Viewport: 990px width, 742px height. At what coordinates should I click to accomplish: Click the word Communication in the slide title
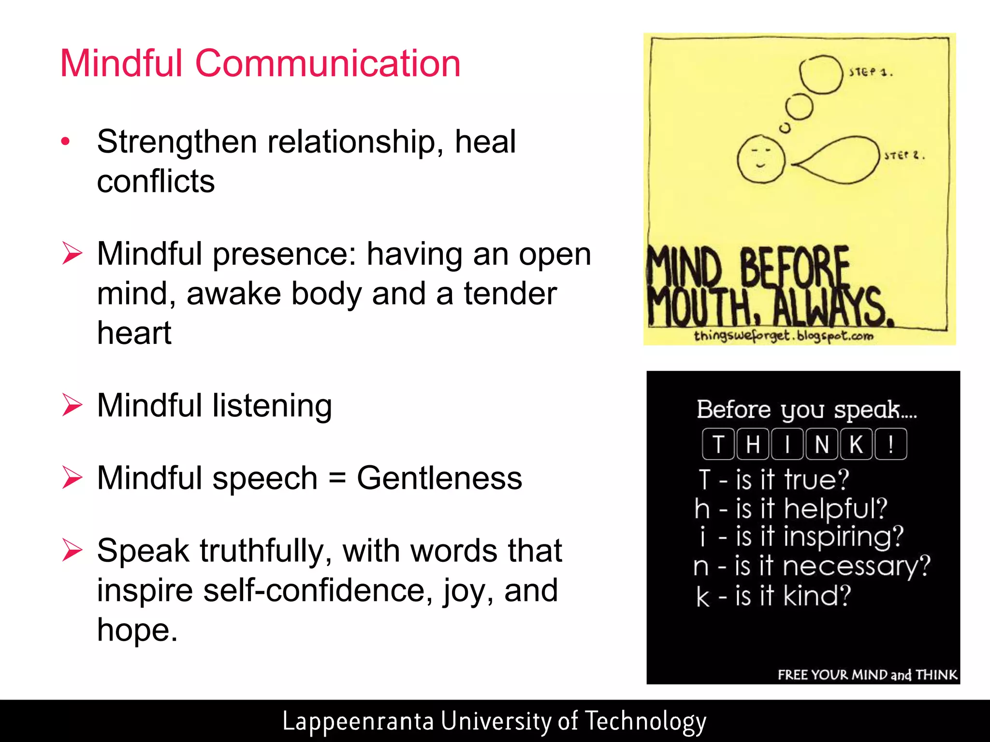coord(328,63)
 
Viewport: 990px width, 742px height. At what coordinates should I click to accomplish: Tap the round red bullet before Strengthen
coord(66,142)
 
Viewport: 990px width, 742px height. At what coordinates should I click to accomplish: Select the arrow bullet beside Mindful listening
coord(73,405)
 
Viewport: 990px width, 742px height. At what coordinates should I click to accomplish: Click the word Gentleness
coord(439,478)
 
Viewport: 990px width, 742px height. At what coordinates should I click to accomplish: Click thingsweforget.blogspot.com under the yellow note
coord(784,336)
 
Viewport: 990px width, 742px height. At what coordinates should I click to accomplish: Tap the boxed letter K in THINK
coord(856,444)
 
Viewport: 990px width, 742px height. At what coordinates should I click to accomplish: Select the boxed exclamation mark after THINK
coord(890,444)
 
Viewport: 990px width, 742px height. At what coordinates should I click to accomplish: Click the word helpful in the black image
coord(835,508)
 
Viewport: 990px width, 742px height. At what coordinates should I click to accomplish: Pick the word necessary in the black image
coord(856,566)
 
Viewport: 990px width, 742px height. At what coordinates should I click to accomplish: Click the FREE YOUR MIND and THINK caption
coord(867,674)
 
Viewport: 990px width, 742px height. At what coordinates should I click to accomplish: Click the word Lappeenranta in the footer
coord(358,721)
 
